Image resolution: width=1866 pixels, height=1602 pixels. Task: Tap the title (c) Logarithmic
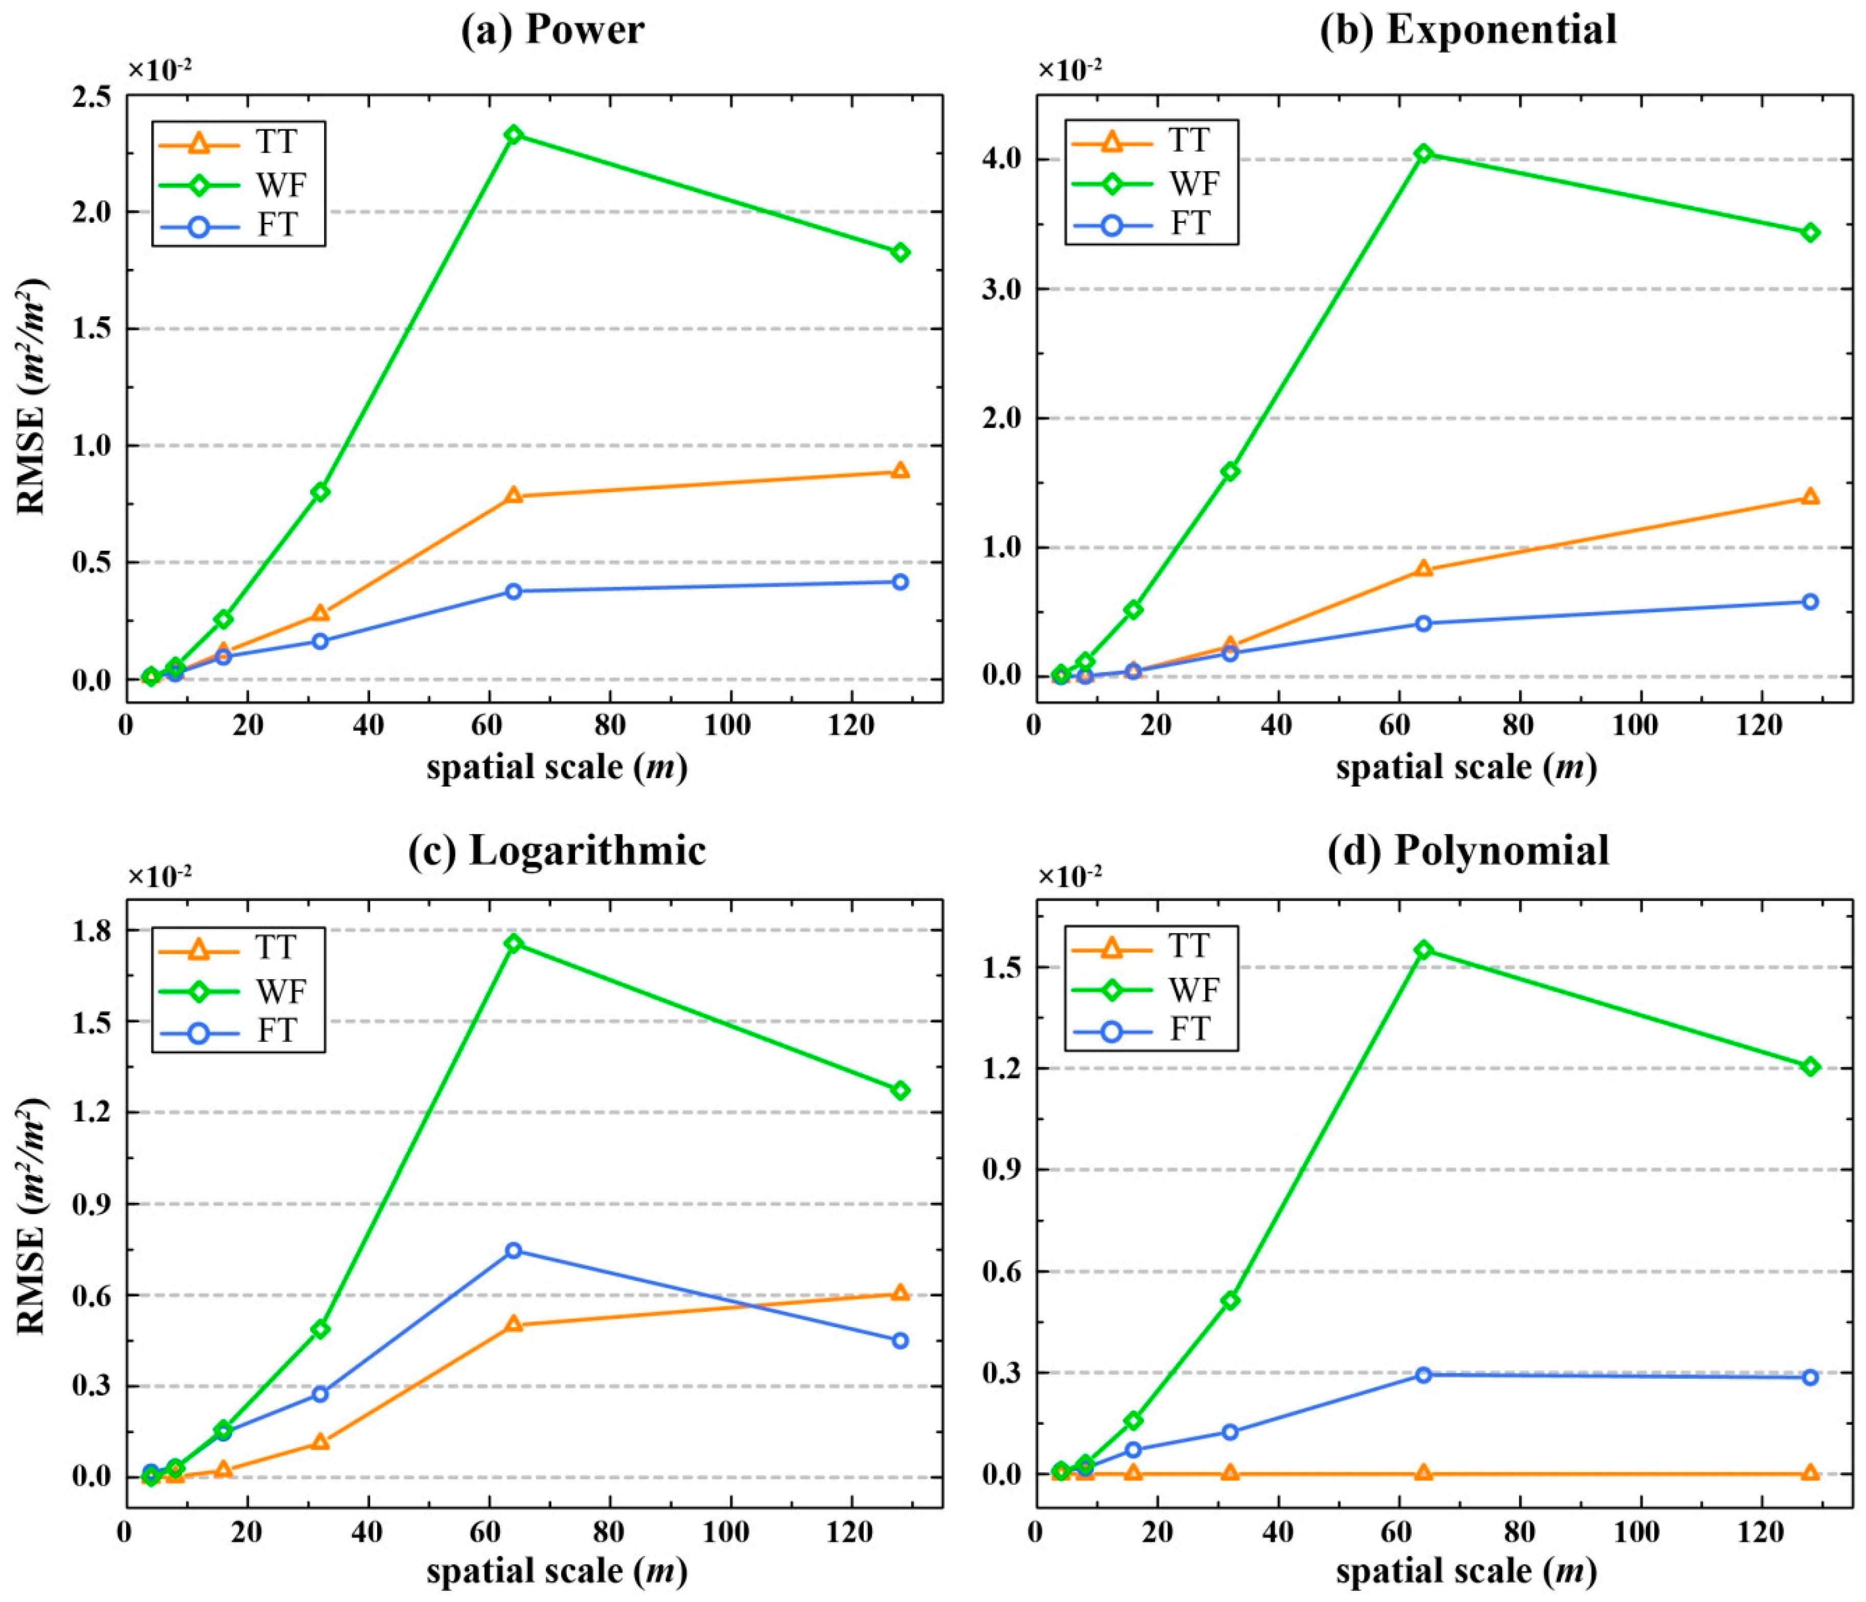557,850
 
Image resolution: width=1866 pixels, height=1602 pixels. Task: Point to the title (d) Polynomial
1468,850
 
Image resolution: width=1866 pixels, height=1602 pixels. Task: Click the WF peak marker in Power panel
513,134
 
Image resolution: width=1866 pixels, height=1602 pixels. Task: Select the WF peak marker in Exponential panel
1423,153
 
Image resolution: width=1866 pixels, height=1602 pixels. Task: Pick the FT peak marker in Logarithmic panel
513,1250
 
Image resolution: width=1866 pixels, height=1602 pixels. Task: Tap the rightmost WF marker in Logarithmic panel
900,1089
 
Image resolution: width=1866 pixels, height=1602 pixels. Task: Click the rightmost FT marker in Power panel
900,582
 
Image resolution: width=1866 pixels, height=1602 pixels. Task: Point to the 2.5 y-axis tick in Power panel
92,96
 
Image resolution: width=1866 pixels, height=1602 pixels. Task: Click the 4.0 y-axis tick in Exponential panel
1002,158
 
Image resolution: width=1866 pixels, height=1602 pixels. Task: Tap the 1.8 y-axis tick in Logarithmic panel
92,930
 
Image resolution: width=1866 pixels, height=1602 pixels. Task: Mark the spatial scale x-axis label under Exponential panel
1466,767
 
